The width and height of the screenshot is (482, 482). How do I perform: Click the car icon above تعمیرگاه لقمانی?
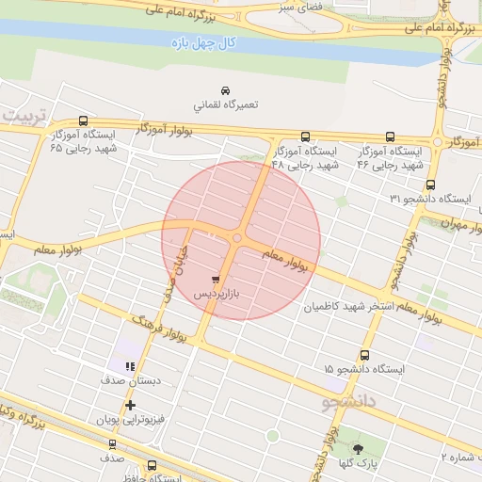coord(224,89)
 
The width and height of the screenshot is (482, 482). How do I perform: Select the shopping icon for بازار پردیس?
coord(217,280)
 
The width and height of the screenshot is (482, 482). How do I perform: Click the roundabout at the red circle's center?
coord(236,238)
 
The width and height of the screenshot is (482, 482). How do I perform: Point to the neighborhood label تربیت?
coord(23,114)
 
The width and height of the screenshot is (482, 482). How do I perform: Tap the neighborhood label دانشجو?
coord(349,402)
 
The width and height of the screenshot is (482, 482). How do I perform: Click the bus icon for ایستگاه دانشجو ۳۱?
coord(430,185)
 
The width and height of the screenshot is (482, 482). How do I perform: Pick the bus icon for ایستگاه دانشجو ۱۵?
coord(363,355)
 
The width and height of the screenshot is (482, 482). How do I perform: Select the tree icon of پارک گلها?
coord(357,447)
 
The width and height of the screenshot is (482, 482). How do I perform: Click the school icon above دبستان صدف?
coord(130,366)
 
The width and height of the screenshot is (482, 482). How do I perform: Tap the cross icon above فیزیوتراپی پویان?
coord(130,404)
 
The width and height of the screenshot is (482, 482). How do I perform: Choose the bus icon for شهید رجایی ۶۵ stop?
coord(84,120)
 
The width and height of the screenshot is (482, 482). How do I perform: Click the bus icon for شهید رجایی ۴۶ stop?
coord(391,137)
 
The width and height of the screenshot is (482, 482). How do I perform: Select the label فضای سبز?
coord(298,8)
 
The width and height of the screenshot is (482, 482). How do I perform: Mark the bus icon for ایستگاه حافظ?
coord(153,465)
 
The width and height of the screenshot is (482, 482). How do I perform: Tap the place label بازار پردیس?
coord(217,295)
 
